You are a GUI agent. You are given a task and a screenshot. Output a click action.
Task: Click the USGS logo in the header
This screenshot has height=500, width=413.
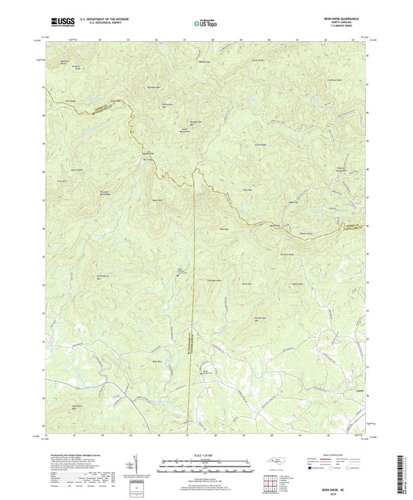(59, 21)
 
